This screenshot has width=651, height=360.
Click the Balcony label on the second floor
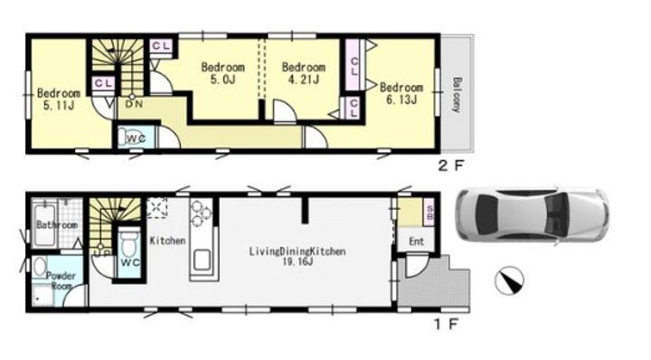point(456,95)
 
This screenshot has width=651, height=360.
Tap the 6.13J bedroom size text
point(401,99)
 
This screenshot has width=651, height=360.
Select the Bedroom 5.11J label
point(59,99)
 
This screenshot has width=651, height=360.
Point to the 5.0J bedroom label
point(223,73)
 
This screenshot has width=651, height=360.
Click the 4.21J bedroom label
point(304,73)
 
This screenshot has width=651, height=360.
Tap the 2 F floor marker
point(450,166)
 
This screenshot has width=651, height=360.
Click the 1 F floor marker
point(447,324)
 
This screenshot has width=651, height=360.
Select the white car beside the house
point(533,218)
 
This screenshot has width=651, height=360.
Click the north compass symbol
point(509,280)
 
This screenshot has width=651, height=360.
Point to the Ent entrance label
point(417,242)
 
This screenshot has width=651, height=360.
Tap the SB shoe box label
point(429,213)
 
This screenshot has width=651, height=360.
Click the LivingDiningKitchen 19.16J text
point(297,257)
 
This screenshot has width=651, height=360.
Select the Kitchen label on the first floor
point(167,241)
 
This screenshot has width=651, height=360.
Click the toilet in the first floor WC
point(129,244)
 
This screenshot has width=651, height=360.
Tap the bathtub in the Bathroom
point(45,224)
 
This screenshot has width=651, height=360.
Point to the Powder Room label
point(61,280)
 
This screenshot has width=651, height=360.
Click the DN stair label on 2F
point(134,104)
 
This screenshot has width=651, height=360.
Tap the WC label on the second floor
point(136,138)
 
